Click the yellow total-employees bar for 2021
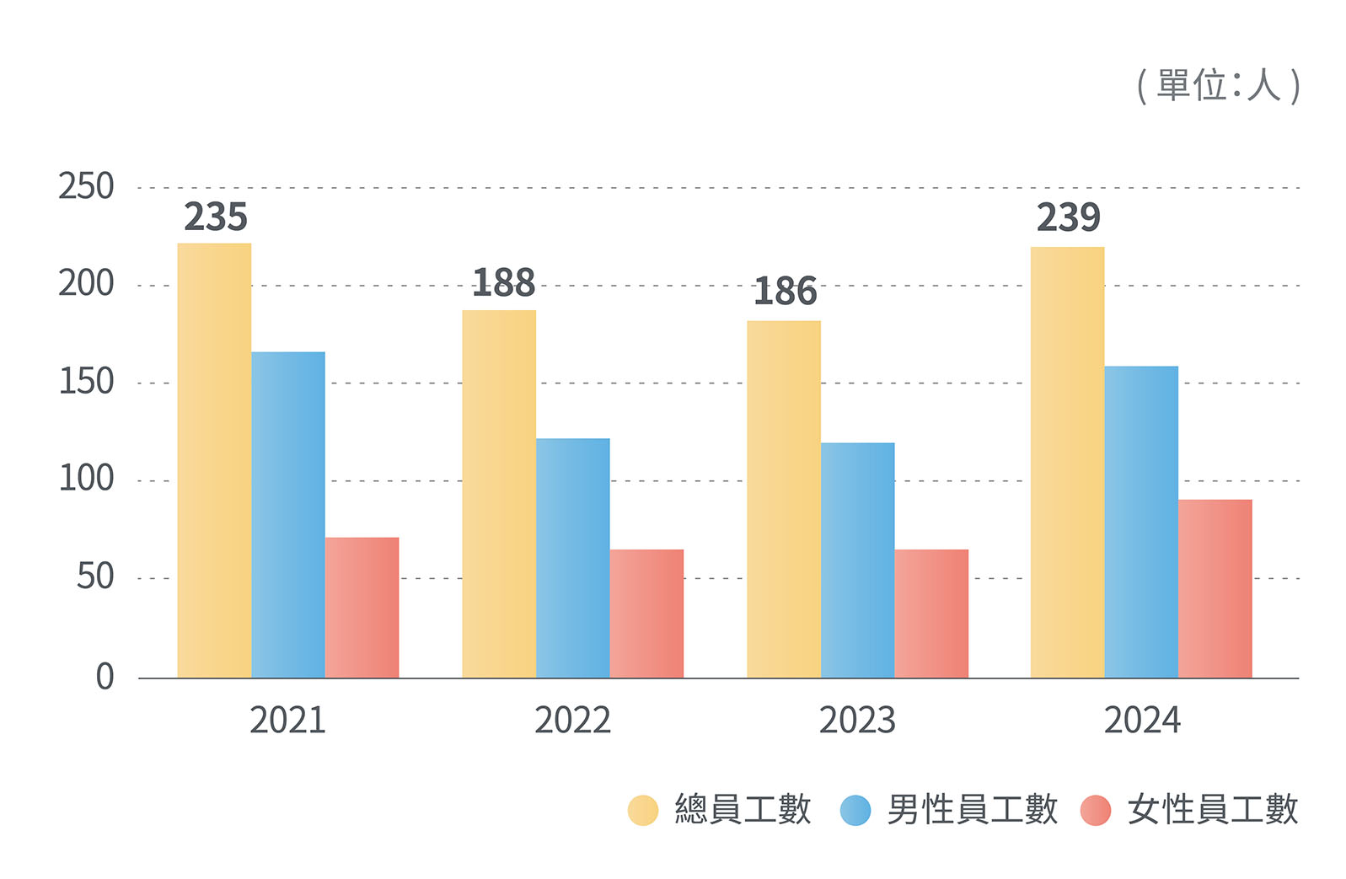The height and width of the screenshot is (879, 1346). (214, 460)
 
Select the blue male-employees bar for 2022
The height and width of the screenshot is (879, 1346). (572, 558)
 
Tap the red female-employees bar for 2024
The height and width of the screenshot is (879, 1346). (1215, 588)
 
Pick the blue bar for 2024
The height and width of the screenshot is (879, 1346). (1141, 522)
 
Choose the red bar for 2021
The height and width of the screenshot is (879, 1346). (362, 607)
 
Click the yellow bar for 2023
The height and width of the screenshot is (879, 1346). (784, 499)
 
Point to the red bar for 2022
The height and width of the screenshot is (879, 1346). (646, 613)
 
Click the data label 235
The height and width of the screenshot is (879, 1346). (216, 217)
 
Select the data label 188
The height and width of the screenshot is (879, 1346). (504, 283)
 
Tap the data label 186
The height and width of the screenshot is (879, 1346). (785, 292)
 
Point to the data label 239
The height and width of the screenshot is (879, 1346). (1068, 217)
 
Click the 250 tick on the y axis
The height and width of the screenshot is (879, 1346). (86, 187)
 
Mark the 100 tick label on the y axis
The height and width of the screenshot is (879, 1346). (86, 479)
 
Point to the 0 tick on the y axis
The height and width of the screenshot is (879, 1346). (105, 677)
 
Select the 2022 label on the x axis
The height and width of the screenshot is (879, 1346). (572, 721)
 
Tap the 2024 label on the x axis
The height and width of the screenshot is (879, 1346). (1142, 721)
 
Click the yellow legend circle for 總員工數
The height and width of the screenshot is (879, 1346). (643, 810)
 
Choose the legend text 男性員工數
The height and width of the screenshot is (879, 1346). (972, 810)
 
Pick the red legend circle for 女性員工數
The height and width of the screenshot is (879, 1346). (1096, 810)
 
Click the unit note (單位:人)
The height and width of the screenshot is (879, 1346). (1218, 86)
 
